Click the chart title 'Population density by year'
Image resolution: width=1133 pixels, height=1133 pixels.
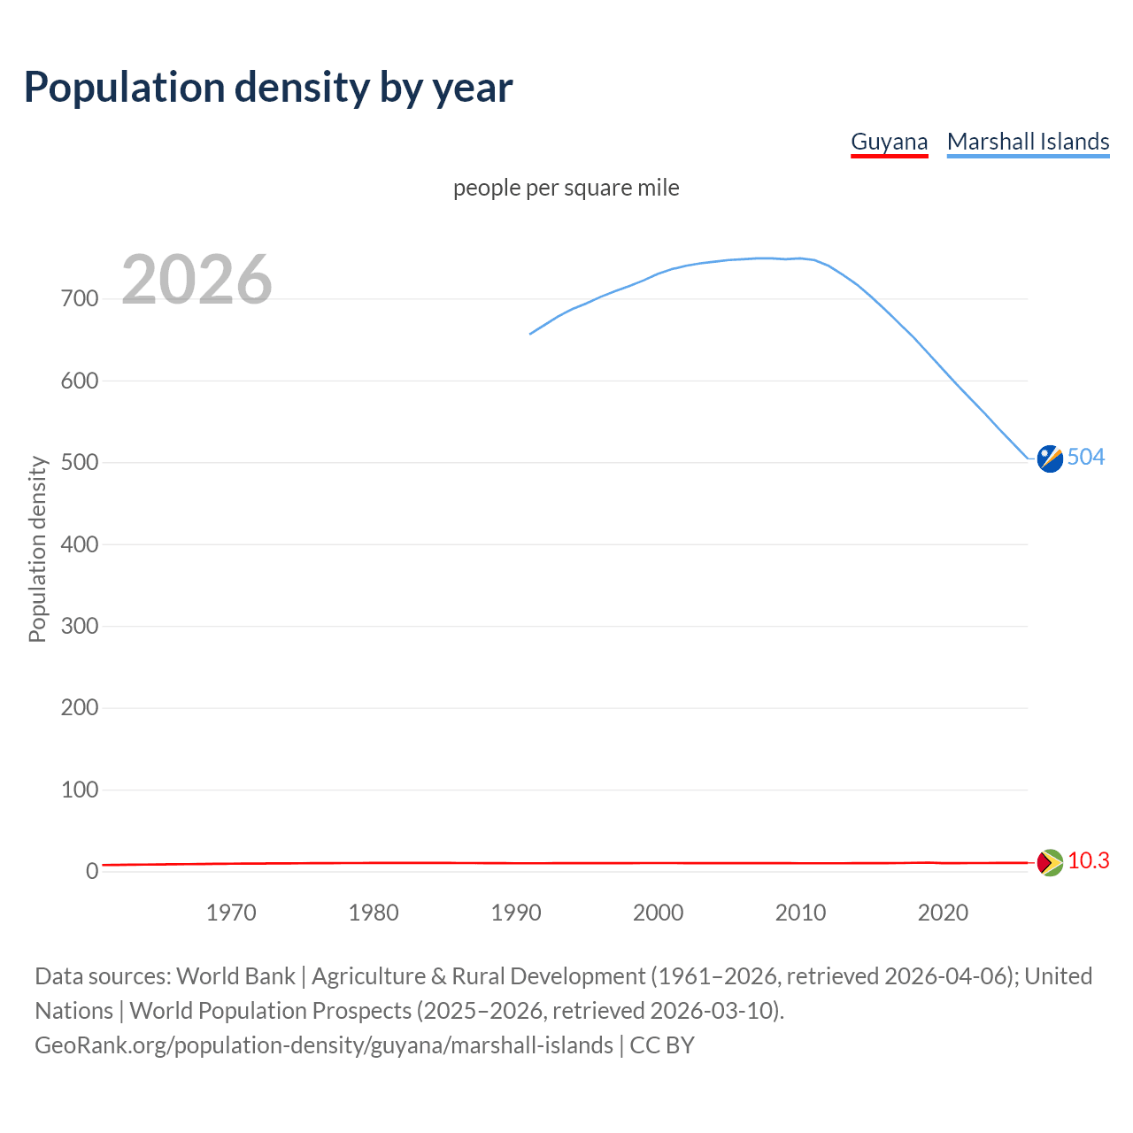coord(268,88)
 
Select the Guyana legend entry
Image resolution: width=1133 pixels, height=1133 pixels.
coord(889,142)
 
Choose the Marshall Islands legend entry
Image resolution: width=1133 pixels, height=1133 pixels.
coord(1028,142)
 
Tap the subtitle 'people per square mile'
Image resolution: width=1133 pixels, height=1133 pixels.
coord(566,188)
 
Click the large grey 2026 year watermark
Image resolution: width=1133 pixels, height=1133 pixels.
coord(197,280)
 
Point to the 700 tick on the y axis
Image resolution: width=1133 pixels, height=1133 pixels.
coord(80,299)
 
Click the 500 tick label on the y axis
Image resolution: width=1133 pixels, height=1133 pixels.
coord(80,463)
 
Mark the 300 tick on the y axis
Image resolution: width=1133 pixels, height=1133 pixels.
coord(80,627)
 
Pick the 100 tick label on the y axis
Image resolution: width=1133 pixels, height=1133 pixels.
coord(80,790)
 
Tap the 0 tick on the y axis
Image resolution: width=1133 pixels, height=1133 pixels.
coord(92,872)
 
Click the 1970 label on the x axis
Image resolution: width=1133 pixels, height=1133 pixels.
coord(231,913)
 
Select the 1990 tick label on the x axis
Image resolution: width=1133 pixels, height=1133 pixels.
coord(516,913)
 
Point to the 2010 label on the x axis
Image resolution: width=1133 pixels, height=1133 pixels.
coord(800,913)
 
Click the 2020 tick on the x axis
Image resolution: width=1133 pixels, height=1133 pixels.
coord(943,913)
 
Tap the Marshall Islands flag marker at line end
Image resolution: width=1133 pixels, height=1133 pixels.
coord(1050,459)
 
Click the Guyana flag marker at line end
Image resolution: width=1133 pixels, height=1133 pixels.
coord(1050,862)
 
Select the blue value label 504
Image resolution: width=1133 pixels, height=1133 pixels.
coord(1086,457)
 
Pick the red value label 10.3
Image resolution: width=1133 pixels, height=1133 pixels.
coord(1088,860)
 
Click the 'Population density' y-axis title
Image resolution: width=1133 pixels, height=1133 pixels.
coord(37,549)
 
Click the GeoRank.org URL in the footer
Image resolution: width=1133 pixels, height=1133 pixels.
coord(324,1045)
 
